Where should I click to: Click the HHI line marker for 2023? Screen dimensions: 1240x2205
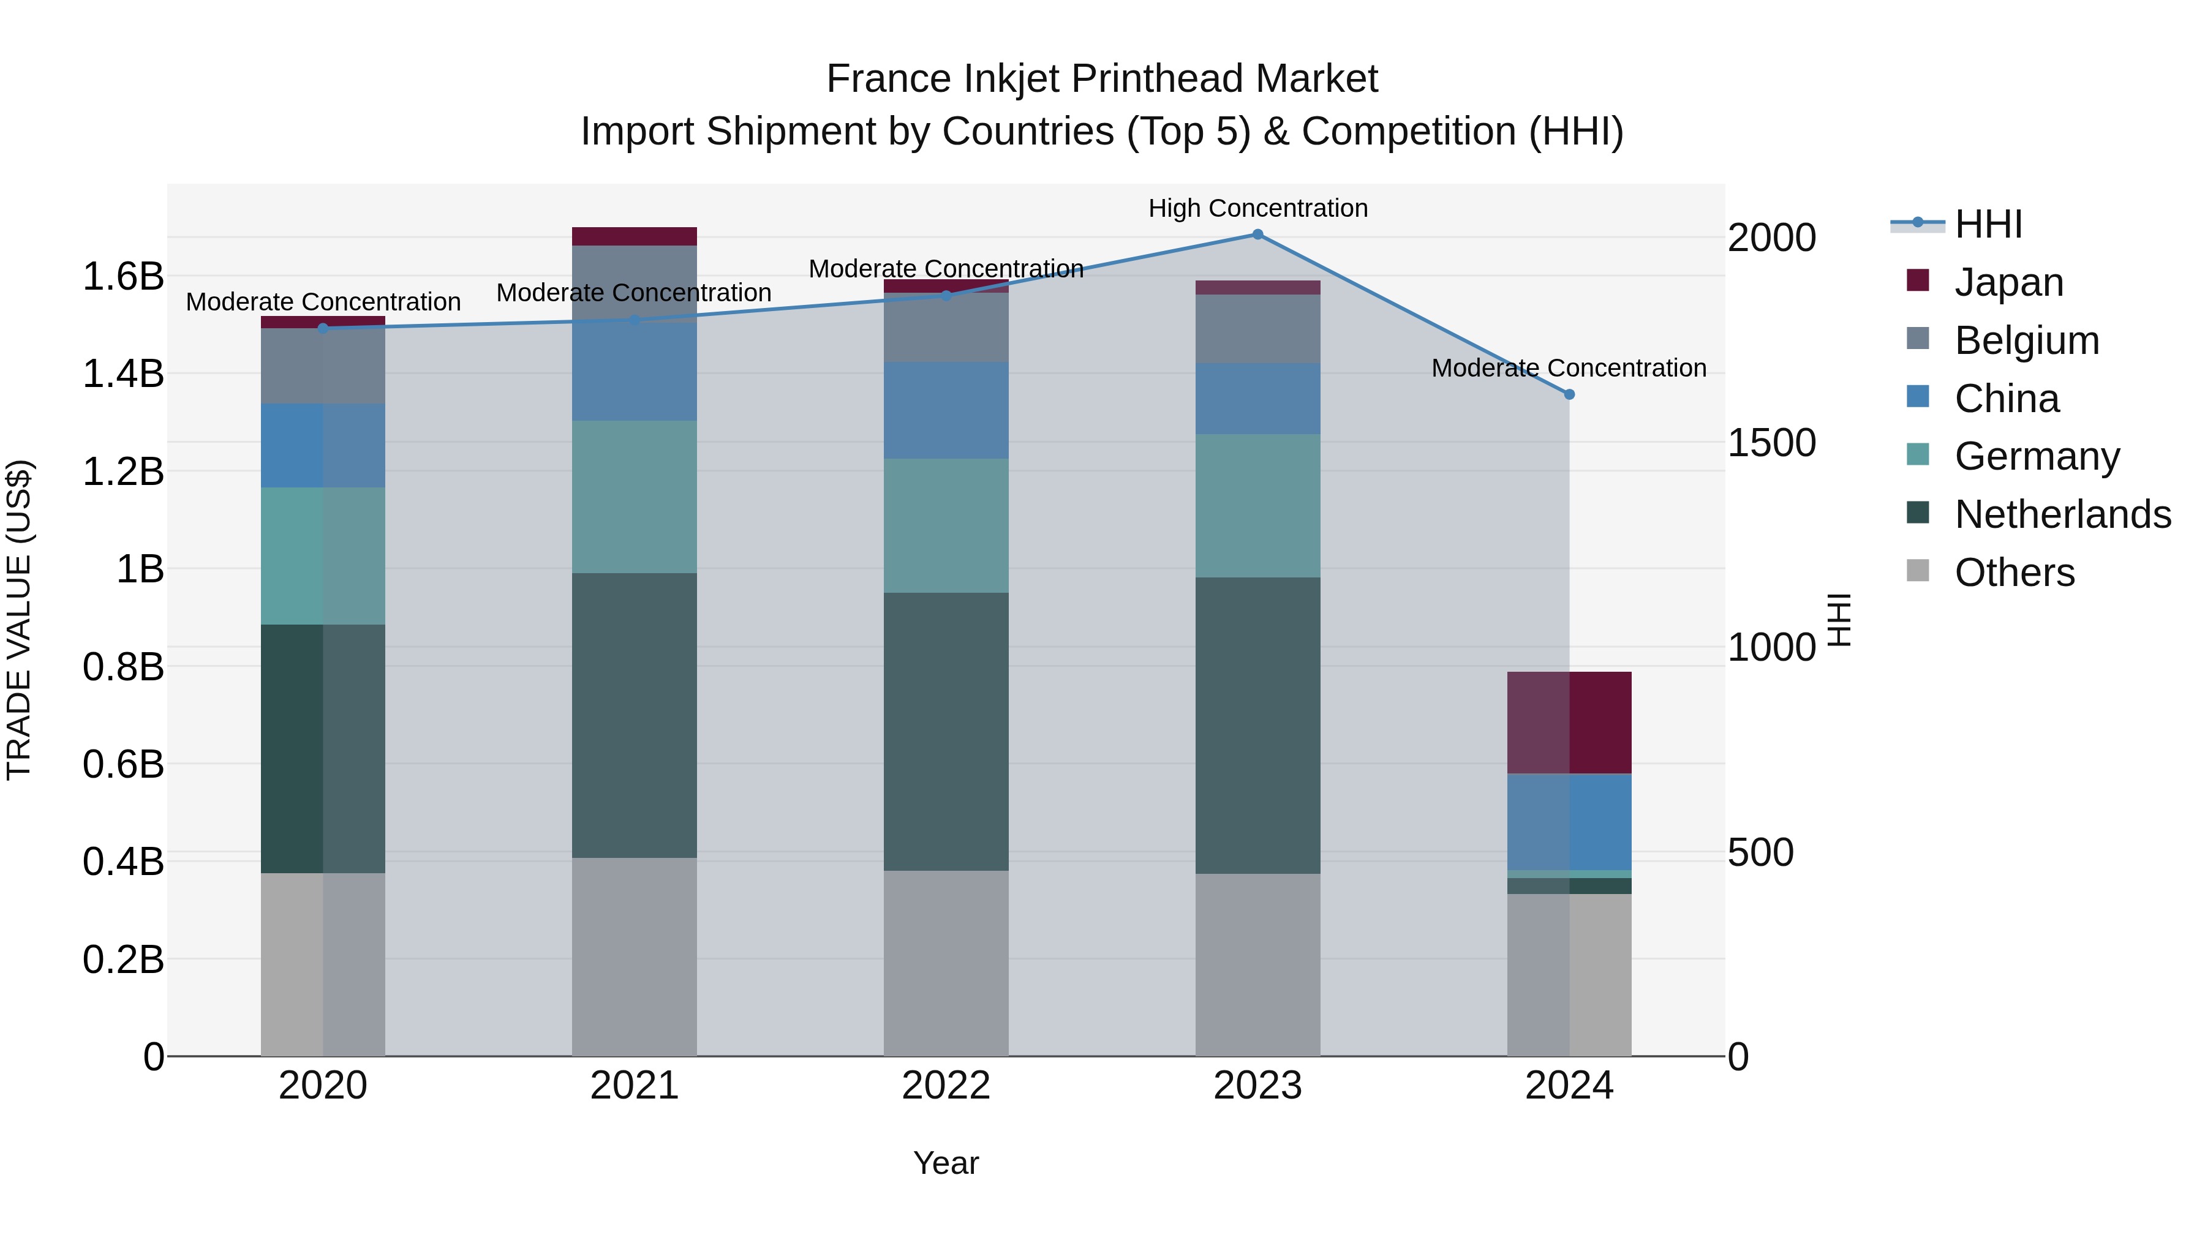coord(1257,235)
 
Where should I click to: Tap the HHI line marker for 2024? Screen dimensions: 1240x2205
coord(1569,394)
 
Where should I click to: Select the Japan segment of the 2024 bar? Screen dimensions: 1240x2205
coord(1569,723)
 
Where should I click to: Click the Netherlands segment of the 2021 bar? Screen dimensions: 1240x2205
coord(635,715)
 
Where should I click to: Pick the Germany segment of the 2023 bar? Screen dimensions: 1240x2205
coord(1257,506)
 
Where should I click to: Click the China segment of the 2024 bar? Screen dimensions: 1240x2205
coord(1569,822)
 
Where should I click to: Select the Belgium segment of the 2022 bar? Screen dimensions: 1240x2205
coord(946,328)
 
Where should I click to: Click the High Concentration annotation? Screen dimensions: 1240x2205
coord(1257,208)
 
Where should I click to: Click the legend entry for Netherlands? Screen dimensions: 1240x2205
coord(2062,514)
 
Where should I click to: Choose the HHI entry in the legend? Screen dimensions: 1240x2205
coord(1988,224)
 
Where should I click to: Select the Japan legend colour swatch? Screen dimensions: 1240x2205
coord(1918,280)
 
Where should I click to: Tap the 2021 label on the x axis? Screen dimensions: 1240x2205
coord(635,1086)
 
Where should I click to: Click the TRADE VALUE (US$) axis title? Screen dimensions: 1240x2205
coord(19,620)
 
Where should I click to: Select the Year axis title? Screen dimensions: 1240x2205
coord(946,1163)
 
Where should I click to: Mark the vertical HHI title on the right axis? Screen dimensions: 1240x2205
coord(1839,620)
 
